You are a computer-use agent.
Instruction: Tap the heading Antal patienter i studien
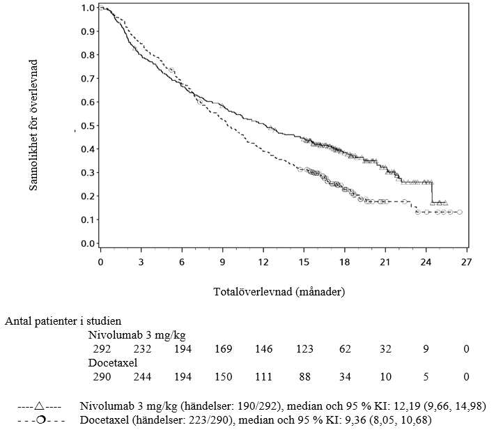[x=63, y=321]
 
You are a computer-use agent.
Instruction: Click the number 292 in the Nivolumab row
[x=102, y=348]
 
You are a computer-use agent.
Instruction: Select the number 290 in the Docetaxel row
[x=102, y=377]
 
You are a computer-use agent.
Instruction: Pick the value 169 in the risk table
[x=224, y=348]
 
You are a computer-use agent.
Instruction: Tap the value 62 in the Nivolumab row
[x=345, y=348]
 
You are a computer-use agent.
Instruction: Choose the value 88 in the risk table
[x=304, y=377]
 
